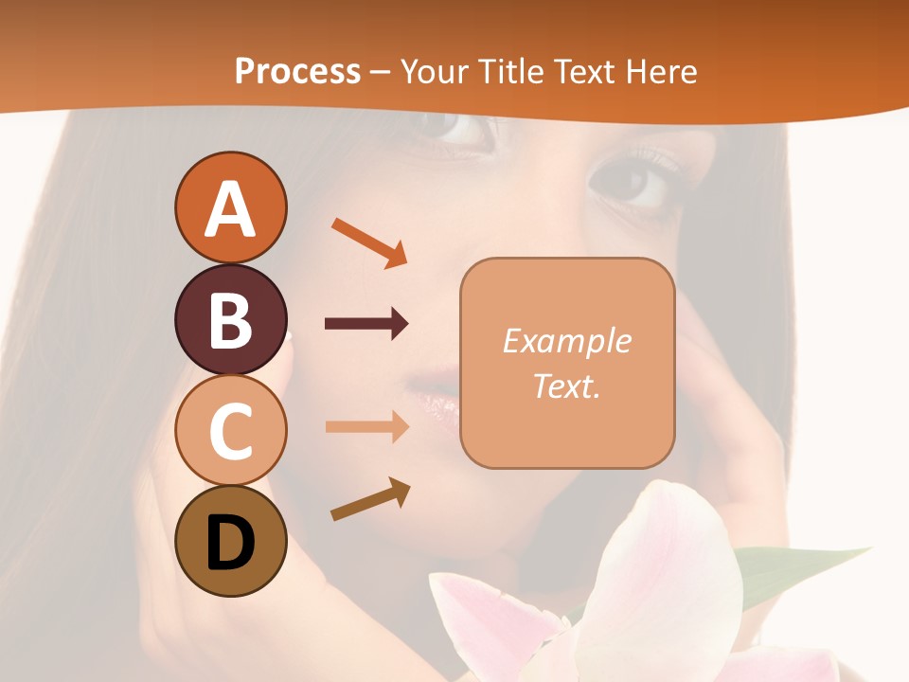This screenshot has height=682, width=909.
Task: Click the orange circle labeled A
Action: coord(230,207)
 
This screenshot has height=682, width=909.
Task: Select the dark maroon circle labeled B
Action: coord(230,319)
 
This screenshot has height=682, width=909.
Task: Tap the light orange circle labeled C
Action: coord(230,430)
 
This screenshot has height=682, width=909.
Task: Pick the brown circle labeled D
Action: coord(230,541)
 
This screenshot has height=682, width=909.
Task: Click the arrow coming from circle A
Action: coord(369,242)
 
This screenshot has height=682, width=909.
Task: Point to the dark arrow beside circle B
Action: coord(366,324)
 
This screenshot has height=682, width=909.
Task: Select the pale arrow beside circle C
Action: coord(366,427)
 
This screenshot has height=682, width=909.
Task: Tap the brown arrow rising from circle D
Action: coord(370,499)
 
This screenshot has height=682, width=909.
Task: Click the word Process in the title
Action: coord(297,72)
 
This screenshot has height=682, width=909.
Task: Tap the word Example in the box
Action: coord(566,341)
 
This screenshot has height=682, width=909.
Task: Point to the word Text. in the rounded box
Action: coord(566,386)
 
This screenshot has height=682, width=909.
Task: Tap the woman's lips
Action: coord(437,397)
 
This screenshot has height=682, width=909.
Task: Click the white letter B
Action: coord(230,320)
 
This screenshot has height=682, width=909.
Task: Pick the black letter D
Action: coord(230,544)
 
